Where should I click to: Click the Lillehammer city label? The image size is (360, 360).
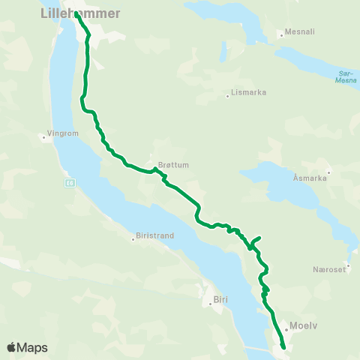[x=79, y=13]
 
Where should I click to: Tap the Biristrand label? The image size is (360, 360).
[x=155, y=235]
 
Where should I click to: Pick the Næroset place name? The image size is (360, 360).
[x=328, y=270]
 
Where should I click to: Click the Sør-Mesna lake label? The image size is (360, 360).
[x=346, y=76]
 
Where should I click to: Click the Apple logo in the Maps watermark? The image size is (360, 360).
[x=12, y=347]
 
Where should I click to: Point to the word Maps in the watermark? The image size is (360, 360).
[x=33, y=348]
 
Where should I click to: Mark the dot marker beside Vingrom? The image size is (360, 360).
[x=44, y=136]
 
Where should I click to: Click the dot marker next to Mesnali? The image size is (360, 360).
[x=280, y=34]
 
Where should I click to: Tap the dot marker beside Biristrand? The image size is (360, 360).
[x=133, y=239]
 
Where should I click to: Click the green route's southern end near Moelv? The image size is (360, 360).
[x=283, y=347]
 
